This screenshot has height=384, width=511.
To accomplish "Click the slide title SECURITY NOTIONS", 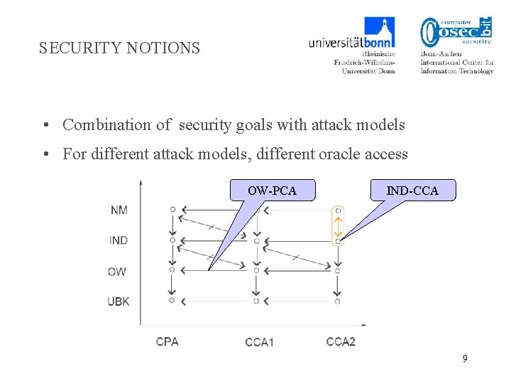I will point(119,48).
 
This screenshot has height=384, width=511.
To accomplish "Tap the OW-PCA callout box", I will point(272,191).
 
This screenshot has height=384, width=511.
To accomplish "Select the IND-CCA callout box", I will point(412,191).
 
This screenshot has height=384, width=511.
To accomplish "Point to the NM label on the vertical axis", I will point(119,210).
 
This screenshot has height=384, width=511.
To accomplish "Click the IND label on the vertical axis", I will point(119,240).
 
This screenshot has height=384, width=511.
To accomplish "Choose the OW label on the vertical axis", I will point(118,271).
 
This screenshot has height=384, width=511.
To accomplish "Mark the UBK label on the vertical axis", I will point(119,302).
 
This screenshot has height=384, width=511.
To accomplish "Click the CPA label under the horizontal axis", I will point(167,341).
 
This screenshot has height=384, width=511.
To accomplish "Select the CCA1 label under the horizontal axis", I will point(259,342).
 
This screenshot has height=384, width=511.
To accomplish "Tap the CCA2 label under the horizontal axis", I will point(341,341).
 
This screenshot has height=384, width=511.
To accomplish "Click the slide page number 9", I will point(465,358).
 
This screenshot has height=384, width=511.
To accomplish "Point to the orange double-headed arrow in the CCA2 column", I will point(339,226).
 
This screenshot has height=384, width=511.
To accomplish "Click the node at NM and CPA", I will point(172,210).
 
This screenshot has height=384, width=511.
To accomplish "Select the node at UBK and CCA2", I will point(338,301).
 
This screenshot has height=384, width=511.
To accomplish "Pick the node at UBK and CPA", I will point(172,301).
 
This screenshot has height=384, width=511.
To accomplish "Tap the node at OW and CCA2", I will point(338,270).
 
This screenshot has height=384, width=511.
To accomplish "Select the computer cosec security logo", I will point(456,44).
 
